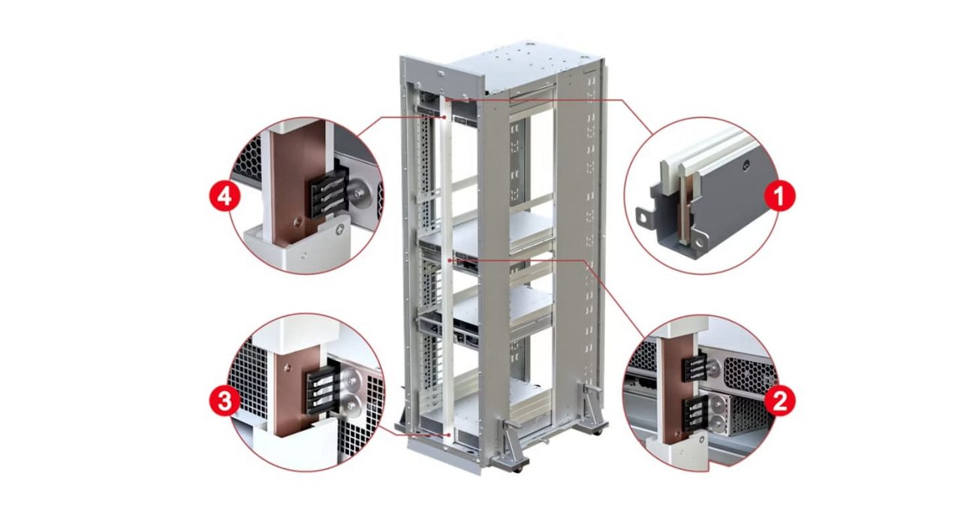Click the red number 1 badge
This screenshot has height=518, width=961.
click(x=779, y=197)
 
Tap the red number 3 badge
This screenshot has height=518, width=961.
click(x=223, y=402)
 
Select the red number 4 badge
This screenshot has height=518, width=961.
click(x=223, y=197)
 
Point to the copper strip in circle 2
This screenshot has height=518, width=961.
click(x=670, y=390)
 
